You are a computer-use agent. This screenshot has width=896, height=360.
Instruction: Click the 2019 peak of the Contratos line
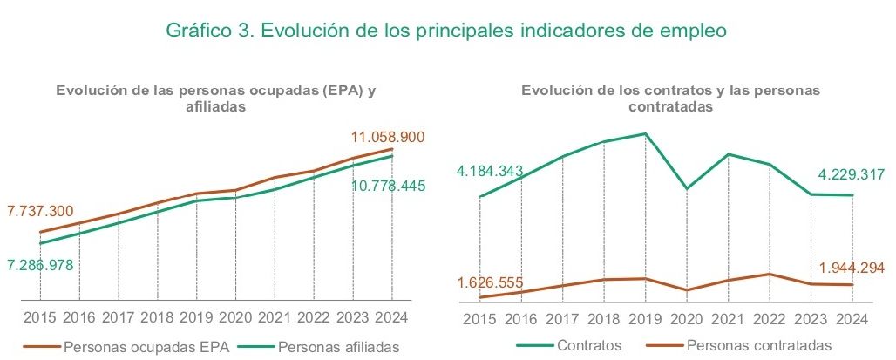(x=645, y=133)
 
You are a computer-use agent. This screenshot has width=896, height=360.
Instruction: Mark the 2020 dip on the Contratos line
(x=687, y=188)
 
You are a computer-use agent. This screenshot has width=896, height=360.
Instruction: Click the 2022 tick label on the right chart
(x=770, y=317)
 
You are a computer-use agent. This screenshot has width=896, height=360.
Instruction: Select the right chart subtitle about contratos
(x=670, y=98)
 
